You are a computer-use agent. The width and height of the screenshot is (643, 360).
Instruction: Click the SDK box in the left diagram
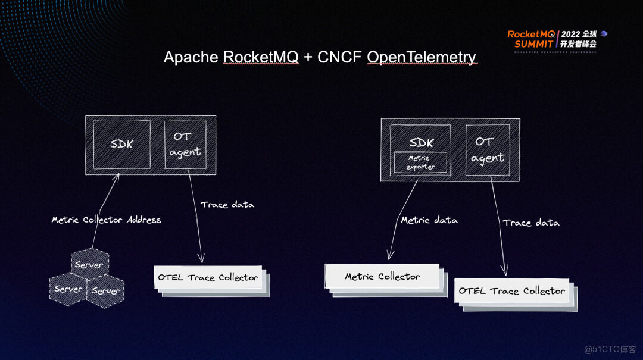[121, 145]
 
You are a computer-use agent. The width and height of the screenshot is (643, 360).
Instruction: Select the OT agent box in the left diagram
[185, 145]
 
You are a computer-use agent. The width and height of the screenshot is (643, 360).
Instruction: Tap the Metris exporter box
[420, 162]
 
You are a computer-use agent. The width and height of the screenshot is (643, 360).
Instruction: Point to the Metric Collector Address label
[106, 220]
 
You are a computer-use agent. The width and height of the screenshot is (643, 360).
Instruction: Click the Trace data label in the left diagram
[227, 205]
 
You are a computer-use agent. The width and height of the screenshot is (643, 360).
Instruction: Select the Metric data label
[429, 220]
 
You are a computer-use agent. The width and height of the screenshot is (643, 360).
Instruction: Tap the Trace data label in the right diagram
[530, 223]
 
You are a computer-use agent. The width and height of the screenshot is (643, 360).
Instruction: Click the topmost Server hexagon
[89, 264]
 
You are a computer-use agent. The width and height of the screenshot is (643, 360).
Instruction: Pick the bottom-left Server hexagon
[68, 289]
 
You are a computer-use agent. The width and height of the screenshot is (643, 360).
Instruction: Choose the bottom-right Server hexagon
[106, 290]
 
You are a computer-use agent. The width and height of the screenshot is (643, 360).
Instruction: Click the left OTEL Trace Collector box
[208, 277]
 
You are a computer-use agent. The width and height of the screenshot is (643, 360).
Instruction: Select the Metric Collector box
[382, 277]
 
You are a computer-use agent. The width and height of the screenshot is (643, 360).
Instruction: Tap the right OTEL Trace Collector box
[511, 291]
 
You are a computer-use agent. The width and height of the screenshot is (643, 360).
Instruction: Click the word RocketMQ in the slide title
[261, 57]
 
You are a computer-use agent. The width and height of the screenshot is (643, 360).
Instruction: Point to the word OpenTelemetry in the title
[421, 57]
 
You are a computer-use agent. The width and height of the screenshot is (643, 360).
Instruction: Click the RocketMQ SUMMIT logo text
[530, 39]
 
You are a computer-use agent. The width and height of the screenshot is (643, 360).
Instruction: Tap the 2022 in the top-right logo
[571, 34]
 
